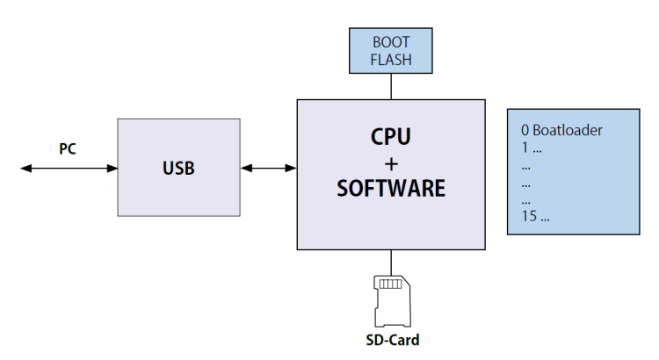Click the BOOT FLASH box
[391, 51]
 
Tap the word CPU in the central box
[391, 138]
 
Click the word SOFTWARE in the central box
[391, 189]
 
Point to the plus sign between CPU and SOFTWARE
[391, 163]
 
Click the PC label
[68, 148]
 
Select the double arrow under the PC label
[69, 168]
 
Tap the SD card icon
[390, 299]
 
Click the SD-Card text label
[390, 340]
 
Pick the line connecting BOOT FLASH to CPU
[391, 86]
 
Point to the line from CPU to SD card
[391, 261]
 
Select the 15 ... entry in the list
[535, 216]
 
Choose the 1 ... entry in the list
[530, 148]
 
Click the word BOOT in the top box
[391, 42]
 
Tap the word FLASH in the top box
[391, 60]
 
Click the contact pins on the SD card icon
[389, 284]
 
